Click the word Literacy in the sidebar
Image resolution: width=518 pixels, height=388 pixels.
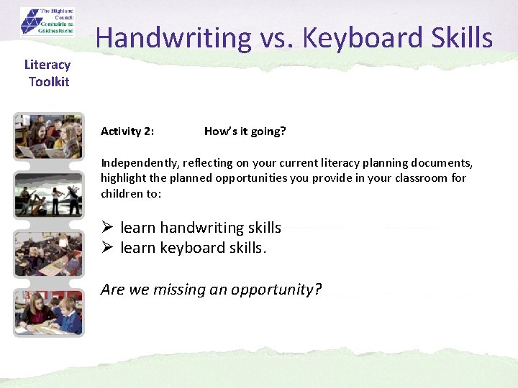[47, 65]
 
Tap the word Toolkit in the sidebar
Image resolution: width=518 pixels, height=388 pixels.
[49, 81]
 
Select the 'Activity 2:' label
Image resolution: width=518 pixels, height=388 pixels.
[127, 131]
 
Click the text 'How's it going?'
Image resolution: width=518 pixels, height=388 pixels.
[245, 131]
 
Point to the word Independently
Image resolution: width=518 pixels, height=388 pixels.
[137, 163]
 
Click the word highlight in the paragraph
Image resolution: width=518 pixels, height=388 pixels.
[123, 178]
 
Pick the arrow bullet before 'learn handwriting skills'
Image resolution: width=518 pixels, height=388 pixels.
[107, 228]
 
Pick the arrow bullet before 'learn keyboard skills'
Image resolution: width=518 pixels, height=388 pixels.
[107, 248]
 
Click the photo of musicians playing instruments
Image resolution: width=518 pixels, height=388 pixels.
[49, 195]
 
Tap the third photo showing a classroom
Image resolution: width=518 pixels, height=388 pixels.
[49, 254]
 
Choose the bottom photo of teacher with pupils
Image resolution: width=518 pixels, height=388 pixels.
[49, 312]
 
